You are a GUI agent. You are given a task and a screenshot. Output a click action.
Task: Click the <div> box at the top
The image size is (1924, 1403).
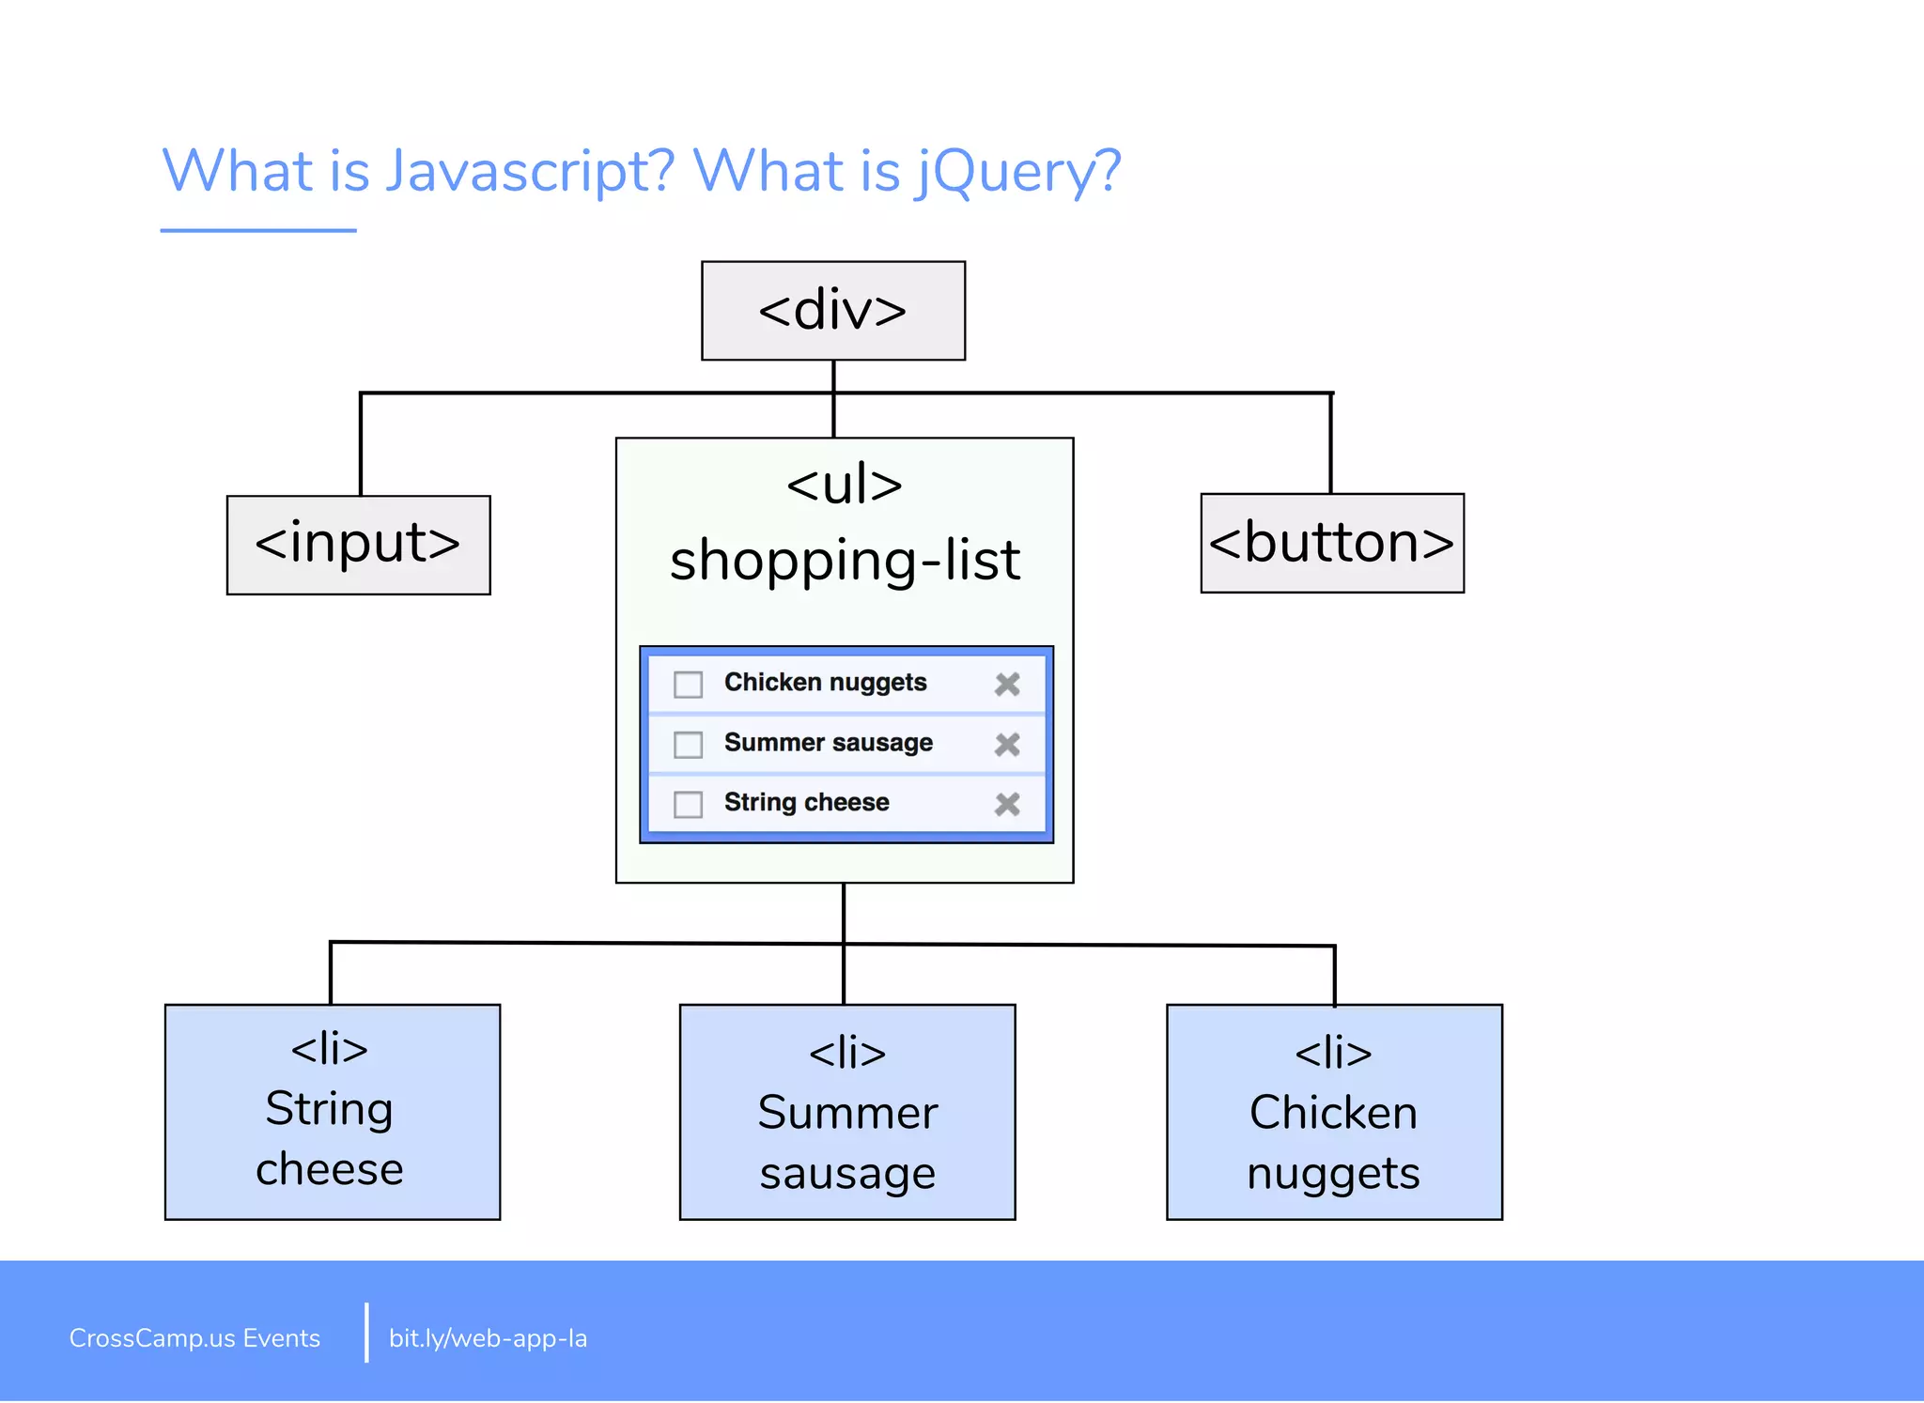tap(832, 311)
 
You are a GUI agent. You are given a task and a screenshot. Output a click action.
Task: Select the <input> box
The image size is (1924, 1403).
tap(358, 545)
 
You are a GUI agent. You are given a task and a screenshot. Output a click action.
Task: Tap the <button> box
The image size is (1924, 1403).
tap(1331, 543)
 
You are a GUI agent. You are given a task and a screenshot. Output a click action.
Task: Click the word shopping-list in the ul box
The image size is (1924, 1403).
tap(844, 561)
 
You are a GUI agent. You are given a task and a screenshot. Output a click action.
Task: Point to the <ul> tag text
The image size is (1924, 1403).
tap(844, 486)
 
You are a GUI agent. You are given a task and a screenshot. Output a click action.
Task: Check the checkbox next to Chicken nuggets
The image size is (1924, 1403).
tap(688, 685)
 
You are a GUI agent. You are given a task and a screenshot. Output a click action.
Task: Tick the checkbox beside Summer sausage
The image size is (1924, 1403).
tap(688, 745)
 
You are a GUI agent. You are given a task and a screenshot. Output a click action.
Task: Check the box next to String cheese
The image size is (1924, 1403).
tap(688, 805)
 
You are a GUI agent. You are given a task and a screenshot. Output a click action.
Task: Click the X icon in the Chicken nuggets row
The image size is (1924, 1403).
tap(1007, 685)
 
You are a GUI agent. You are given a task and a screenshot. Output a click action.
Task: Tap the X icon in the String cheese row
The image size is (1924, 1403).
tap(1007, 805)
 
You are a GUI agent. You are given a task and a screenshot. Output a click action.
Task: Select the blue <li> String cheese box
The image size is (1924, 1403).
tap(332, 1112)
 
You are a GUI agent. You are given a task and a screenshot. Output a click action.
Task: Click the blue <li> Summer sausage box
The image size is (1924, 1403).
tap(846, 1112)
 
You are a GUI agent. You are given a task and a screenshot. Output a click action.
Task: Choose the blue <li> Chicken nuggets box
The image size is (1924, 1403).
tap(1333, 1112)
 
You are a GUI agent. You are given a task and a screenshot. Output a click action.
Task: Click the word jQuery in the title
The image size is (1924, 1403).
tap(1019, 172)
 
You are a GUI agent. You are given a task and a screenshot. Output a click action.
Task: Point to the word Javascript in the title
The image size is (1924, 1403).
tap(530, 172)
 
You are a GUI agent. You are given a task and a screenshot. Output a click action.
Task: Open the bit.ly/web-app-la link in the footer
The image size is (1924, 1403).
tap(488, 1338)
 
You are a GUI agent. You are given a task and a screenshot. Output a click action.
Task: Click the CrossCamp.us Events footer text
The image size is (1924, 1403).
tap(194, 1338)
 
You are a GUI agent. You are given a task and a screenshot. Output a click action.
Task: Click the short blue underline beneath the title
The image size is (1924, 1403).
tap(258, 230)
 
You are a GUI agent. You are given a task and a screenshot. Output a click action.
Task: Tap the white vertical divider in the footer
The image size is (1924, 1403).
tap(366, 1333)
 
